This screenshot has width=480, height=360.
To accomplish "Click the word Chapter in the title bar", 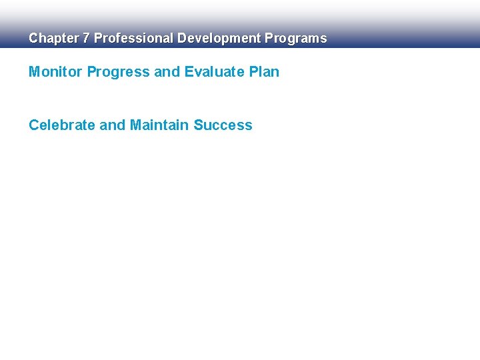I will point(53,39).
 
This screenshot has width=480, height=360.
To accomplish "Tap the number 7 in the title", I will point(86,39).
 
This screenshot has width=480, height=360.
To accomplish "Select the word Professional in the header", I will point(133,39).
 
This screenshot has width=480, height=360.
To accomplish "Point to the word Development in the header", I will point(219,39).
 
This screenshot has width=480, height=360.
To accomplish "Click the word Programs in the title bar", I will point(296,39).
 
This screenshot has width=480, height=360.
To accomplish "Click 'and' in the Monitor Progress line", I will point(167,72).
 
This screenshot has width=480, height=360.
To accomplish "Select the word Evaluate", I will point(215,72).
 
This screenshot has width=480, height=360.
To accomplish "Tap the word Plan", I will point(265,72).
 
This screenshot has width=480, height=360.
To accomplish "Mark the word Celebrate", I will point(62,125).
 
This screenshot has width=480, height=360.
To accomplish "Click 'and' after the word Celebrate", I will point(112,125).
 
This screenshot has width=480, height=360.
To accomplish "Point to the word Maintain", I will point(159,125).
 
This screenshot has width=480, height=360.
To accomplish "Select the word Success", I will point(223,125).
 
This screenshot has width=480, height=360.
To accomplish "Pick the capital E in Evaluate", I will point(188,72).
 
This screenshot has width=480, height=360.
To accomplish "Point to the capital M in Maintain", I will point(135,125).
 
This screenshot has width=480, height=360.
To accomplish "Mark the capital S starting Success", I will point(198,125).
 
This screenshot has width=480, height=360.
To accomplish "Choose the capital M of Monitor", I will point(35,72).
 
